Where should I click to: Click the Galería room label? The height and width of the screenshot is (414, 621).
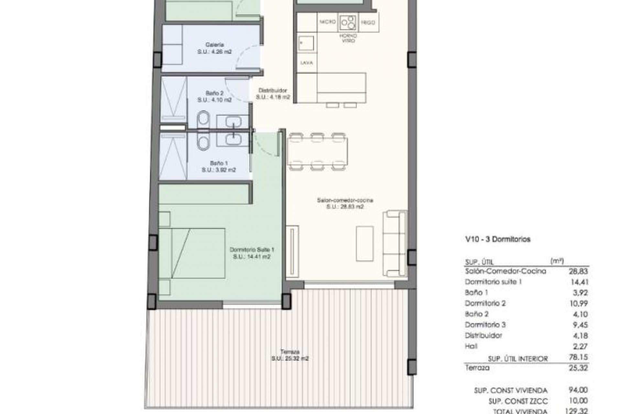click(x=214, y=45)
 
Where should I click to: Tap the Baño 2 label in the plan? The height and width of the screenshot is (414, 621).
click(x=214, y=93)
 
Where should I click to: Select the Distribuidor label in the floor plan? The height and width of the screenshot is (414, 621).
click(x=273, y=91)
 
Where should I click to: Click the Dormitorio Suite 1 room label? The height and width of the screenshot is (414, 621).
click(x=252, y=250)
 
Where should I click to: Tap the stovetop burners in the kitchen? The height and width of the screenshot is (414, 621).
click(x=348, y=22)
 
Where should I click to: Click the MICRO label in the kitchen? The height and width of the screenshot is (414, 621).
click(x=328, y=22)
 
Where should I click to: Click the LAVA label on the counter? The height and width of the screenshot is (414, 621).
click(x=307, y=63)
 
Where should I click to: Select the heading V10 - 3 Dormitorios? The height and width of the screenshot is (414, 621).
click(x=498, y=240)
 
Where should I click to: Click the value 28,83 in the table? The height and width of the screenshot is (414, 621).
click(x=578, y=271)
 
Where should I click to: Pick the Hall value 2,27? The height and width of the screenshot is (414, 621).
click(x=579, y=346)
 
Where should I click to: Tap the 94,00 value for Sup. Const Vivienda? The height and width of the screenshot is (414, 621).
click(x=579, y=390)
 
